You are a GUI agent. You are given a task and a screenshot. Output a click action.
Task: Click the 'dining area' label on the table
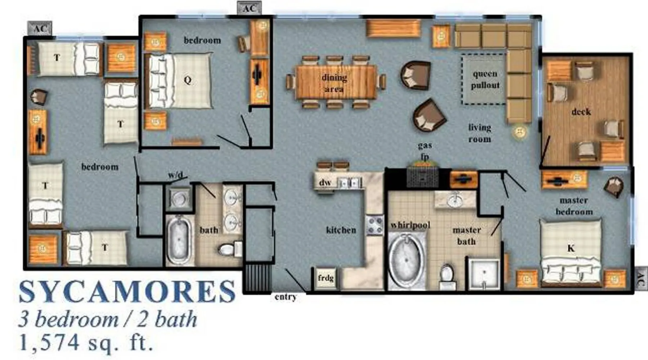(334, 83)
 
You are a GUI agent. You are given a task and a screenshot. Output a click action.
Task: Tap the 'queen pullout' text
(485, 80)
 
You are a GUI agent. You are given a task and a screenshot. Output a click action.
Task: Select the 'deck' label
(581, 112)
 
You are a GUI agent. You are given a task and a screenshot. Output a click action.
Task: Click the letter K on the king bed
(571, 248)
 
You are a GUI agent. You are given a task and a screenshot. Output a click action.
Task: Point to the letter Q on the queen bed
(188, 80)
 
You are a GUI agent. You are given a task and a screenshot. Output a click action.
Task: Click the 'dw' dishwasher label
(325, 183)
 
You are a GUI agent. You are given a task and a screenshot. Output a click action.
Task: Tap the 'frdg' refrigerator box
(325, 278)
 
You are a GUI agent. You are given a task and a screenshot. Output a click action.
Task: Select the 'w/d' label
(175, 175)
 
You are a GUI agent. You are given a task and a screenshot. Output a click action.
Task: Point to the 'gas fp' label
(425, 151)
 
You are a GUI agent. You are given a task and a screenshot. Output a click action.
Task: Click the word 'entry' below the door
(286, 297)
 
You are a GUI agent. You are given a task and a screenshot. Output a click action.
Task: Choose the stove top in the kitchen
(375, 225)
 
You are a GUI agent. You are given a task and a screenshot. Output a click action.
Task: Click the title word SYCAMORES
(127, 292)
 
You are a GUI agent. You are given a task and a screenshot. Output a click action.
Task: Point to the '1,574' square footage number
(49, 342)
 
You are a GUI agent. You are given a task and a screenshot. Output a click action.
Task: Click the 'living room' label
(480, 133)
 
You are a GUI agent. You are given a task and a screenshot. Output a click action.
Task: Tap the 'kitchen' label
(341, 230)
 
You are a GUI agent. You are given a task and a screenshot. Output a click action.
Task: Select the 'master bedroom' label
(574, 206)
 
